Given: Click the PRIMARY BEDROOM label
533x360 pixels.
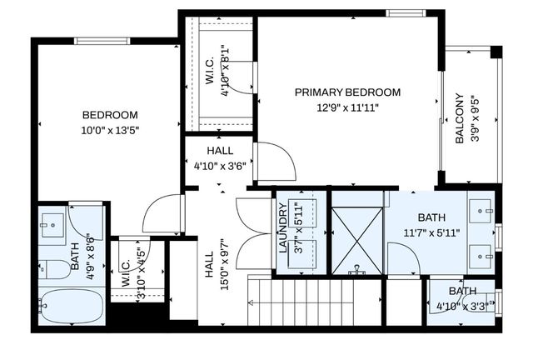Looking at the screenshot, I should click(347, 92).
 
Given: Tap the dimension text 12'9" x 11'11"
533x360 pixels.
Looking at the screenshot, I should click(347, 107).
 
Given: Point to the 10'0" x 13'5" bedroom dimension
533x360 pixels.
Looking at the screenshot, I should click(109, 130).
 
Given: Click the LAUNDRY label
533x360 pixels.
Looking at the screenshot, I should click(283, 234).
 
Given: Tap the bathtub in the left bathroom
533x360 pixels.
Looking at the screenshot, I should click(71, 307).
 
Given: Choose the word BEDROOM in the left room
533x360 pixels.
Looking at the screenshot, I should click(109, 115).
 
